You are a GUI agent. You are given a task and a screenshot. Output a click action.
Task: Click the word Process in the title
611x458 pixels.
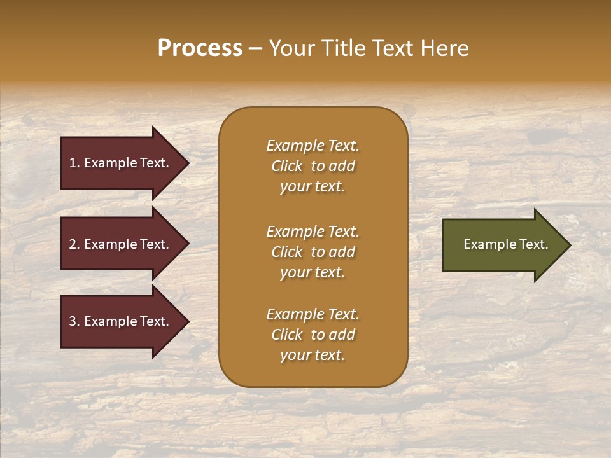point(200,48)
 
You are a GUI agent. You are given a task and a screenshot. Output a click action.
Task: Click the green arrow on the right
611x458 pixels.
point(503,244)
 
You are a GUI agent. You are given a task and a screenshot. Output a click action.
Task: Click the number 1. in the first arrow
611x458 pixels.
point(74,163)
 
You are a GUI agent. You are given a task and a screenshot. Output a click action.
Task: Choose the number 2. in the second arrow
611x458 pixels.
point(74,244)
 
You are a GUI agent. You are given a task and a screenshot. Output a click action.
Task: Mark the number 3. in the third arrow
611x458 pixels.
point(74,321)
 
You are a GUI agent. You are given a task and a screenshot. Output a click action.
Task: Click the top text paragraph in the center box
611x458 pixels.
point(313,166)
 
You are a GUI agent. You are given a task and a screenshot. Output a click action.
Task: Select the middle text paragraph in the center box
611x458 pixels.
point(313,252)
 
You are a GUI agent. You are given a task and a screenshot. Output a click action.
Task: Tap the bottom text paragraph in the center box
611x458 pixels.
point(313,335)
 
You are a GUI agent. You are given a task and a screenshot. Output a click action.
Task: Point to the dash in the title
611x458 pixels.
point(255,48)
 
